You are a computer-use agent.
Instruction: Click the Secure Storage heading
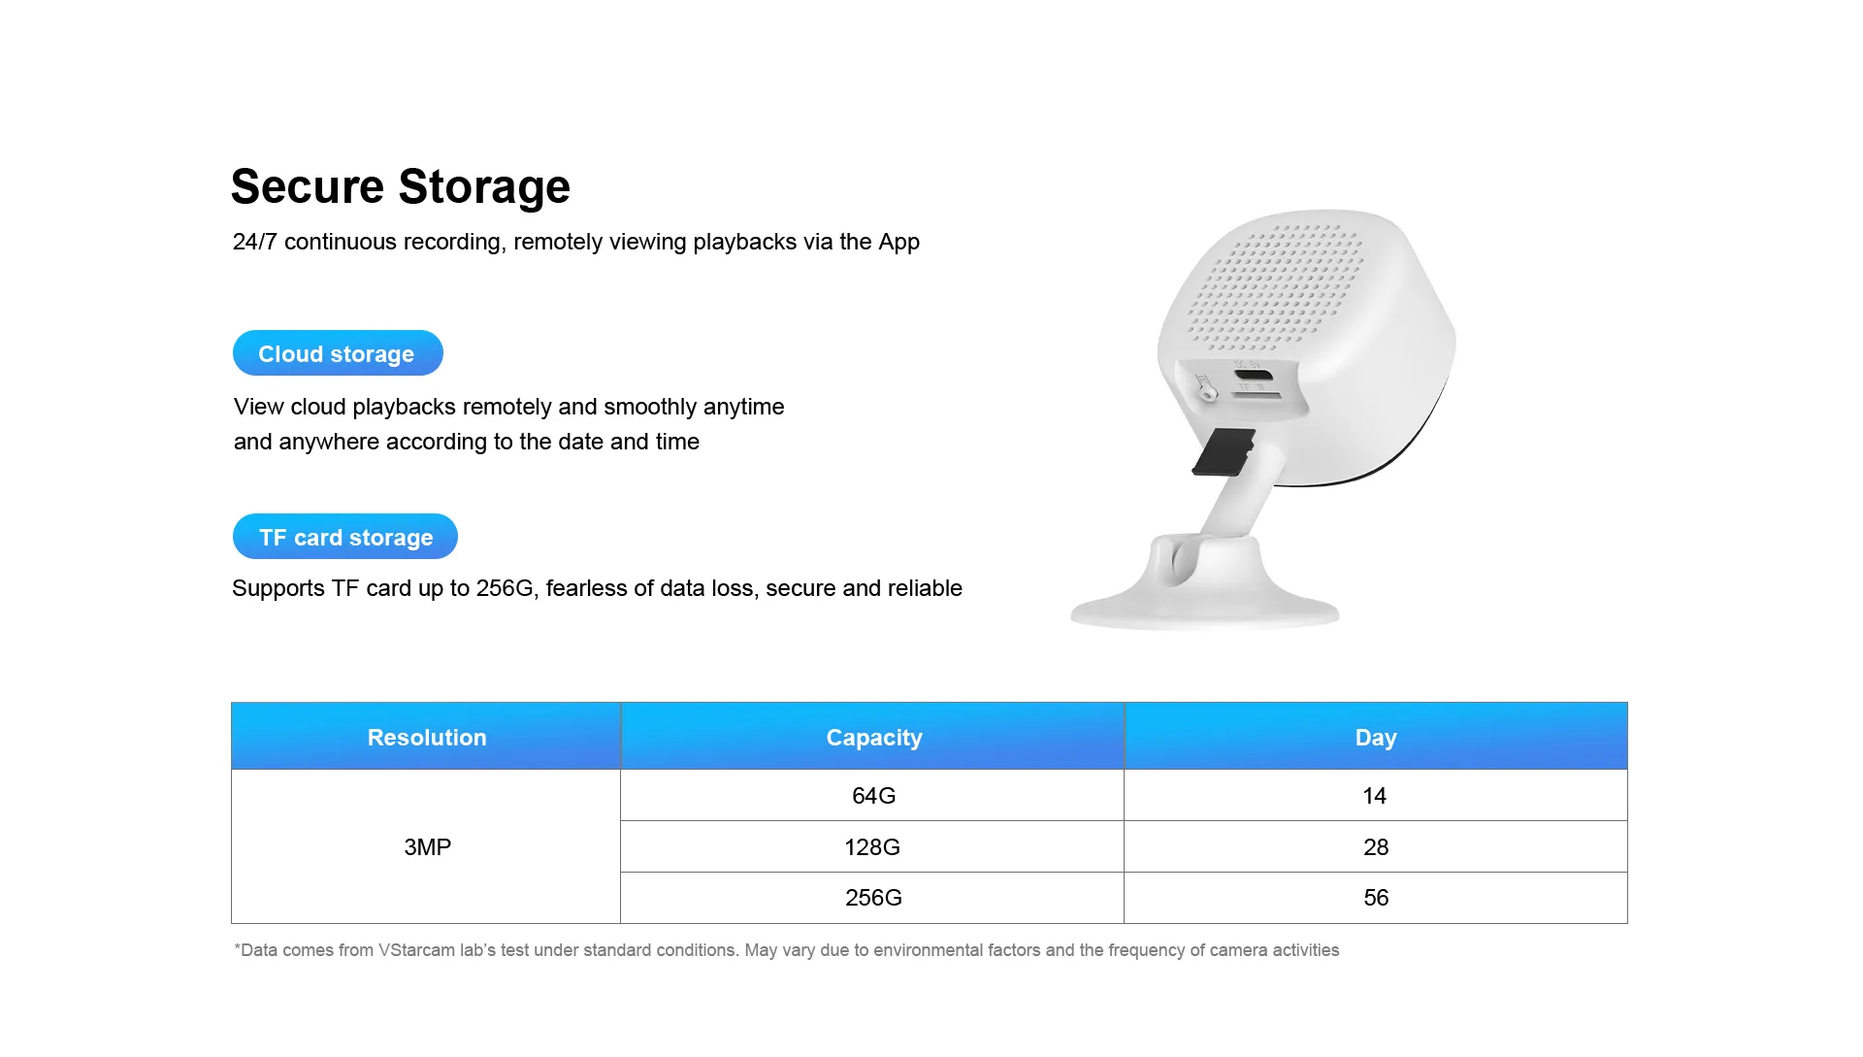point(400,186)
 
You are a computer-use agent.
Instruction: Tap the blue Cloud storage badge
point(338,353)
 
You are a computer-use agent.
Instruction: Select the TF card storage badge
point(345,537)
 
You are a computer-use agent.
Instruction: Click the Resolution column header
point(426,737)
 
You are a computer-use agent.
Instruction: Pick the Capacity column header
point(873,737)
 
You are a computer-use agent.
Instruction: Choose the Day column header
point(1376,737)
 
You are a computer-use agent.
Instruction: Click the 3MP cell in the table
point(427,847)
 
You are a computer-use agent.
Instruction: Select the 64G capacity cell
point(873,796)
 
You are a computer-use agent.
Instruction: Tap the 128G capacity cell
point(872,847)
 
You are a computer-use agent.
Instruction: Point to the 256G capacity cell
point(873,898)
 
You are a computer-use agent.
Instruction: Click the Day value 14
point(1375,796)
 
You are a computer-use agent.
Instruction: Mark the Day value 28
point(1376,847)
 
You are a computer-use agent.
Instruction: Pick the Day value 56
point(1376,898)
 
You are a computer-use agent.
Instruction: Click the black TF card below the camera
point(1224,452)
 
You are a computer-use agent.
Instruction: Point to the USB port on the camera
point(1254,376)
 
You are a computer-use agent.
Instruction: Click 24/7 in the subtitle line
point(255,242)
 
